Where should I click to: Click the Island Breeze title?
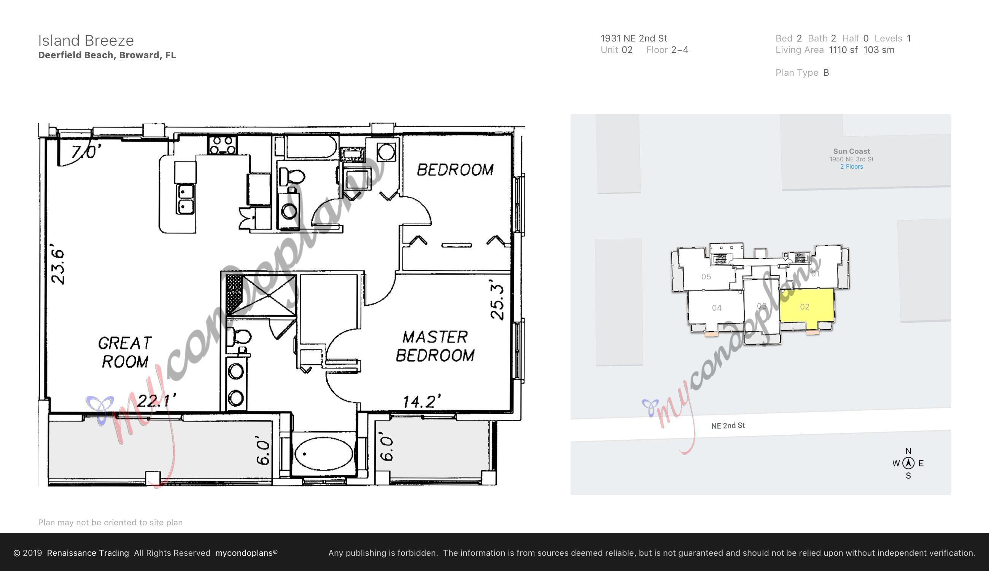86,40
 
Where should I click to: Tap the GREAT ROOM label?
125,352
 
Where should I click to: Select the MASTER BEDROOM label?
435,346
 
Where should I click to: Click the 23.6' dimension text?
58,266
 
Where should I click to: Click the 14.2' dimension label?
421,402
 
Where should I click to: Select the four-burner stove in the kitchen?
222,144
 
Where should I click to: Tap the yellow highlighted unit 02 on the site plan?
805,307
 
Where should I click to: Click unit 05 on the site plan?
706,277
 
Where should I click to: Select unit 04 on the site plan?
717,308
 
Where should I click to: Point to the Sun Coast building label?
851,152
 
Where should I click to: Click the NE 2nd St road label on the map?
728,426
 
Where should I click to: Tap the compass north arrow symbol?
908,463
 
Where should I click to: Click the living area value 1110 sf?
843,50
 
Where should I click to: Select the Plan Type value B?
826,73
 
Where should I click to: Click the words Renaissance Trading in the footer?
88,553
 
